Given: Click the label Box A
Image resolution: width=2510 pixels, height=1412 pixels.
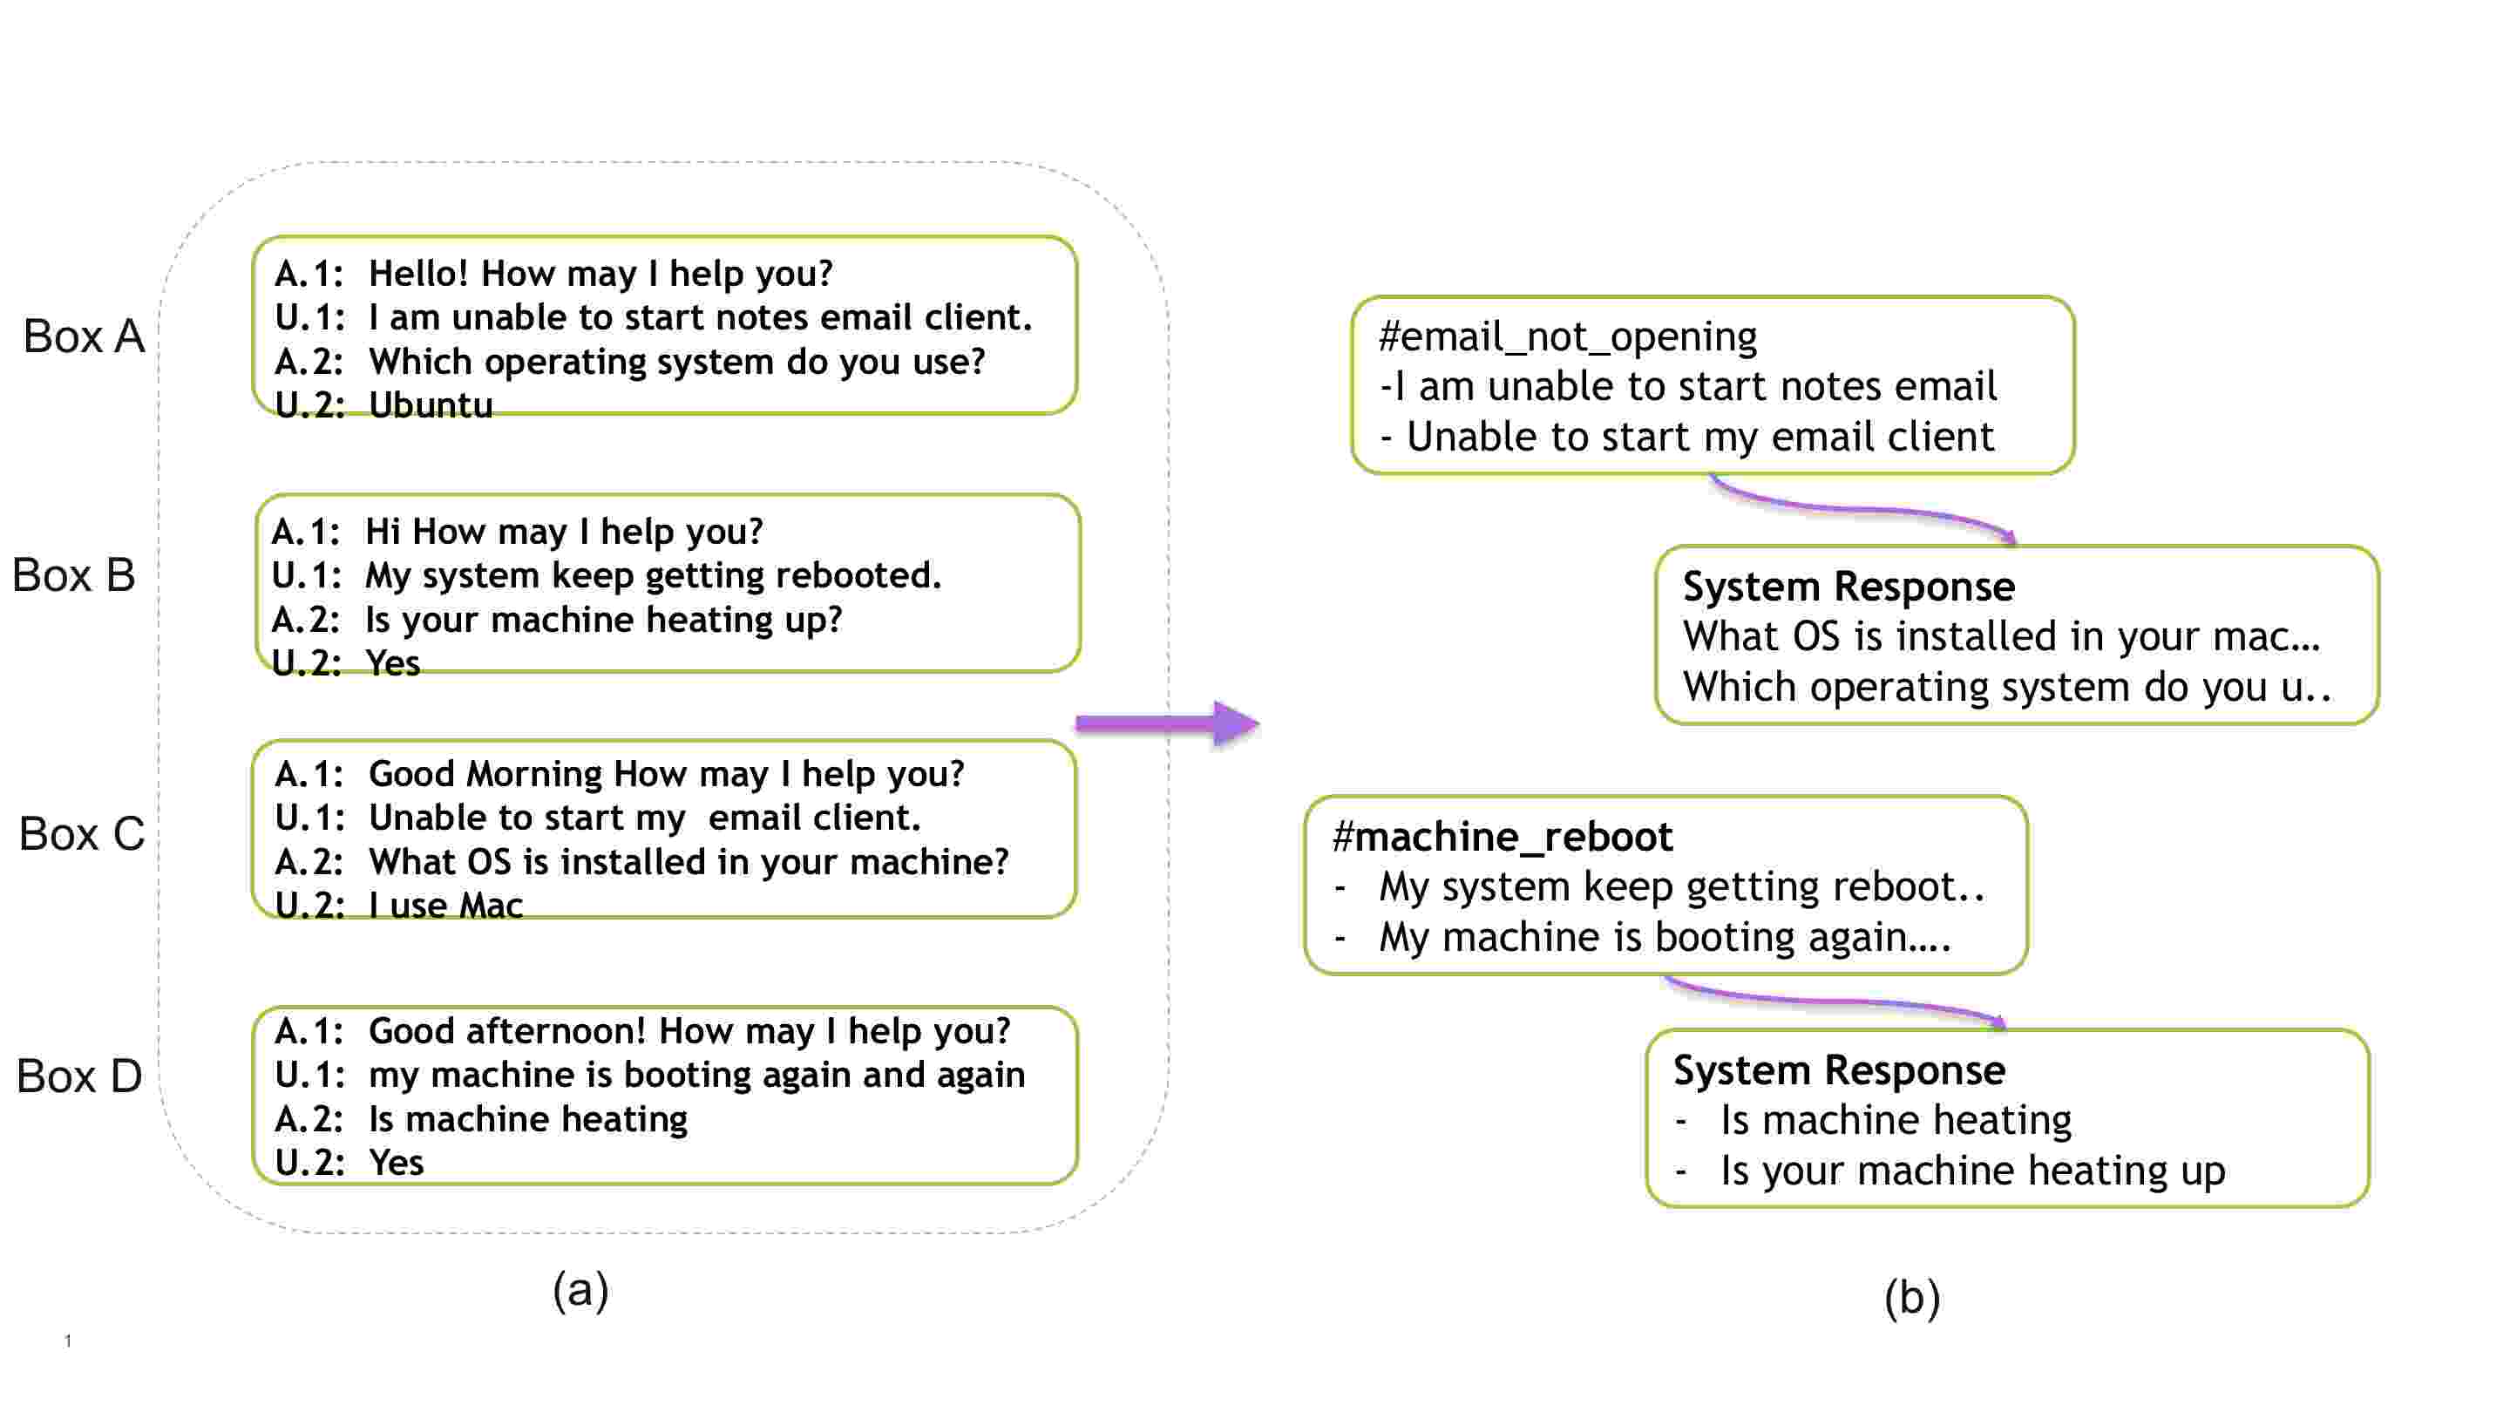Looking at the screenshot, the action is (x=84, y=336).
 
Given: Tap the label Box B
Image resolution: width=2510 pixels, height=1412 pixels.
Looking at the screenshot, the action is (x=74, y=575).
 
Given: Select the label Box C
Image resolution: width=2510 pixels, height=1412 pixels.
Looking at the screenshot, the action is (x=82, y=834).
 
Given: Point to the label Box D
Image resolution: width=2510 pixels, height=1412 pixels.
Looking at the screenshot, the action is (x=80, y=1076).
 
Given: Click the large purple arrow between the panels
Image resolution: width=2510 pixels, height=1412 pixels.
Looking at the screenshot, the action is (x=1167, y=723).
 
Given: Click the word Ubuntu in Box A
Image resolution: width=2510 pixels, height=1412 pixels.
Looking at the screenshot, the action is (x=431, y=404).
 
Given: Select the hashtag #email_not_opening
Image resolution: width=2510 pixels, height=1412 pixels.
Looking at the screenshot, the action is (x=1568, y=336).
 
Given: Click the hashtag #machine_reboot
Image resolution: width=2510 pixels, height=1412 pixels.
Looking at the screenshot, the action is (x=1503, y=836).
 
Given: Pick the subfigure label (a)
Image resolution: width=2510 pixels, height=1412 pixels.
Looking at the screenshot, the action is (x=580, y=1290).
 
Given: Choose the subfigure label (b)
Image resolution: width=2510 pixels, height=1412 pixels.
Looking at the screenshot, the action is (x=1912, y=1298).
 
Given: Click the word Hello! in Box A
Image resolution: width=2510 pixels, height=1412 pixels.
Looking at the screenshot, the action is (x=419, y=274).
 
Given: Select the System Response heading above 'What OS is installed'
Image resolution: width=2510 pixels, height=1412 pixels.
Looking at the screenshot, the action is (x=1849, y=587).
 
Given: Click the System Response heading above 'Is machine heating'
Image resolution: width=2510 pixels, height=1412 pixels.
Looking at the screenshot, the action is (x=1840, y=1070).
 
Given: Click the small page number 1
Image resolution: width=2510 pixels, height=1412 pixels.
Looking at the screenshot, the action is (x=68, y=1341).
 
